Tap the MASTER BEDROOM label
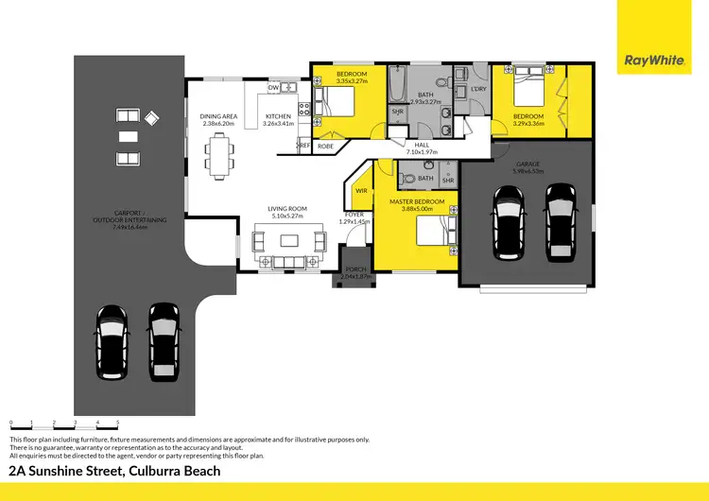coord(417,201)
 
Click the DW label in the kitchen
coord(273,88)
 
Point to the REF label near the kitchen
coord(304,145)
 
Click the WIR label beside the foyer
coord(361,190)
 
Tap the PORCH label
coord(355,269)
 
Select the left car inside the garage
coord(509,223)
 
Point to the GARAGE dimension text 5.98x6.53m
coord(527,171)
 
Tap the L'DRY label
coord(478,89)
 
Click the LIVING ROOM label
coord(285,208)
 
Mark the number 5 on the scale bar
coord(117,423)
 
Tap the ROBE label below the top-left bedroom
coord(324,147)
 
